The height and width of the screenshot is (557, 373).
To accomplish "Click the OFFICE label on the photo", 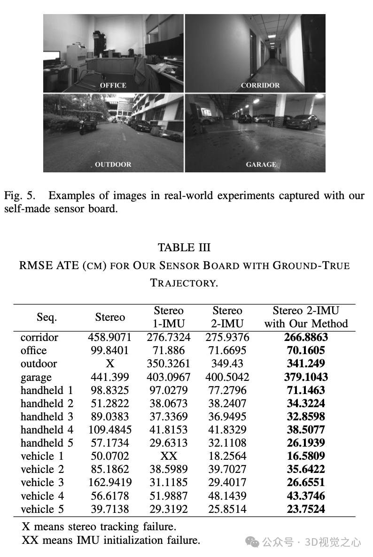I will click(x=113, y=85).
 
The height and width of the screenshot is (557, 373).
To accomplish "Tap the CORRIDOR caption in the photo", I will click(x=260, y=85).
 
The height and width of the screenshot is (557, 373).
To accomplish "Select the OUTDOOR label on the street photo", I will click(x=113, y=164).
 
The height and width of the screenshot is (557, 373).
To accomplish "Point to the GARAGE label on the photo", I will click(x=261, y=164).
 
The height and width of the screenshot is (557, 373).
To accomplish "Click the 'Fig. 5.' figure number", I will click(x=18, y=195).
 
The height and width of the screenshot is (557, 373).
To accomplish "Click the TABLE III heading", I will click(x=184, y=248).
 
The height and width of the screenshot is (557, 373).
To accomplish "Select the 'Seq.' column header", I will click(x=47, y=317).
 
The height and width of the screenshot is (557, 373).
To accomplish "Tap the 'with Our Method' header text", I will click(x=306, y=324).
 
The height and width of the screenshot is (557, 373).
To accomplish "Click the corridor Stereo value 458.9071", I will click(x=110, y=337).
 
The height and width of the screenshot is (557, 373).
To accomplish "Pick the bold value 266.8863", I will click(x=306, y=337).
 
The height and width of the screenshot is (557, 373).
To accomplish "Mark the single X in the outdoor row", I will click(x=110, y=364).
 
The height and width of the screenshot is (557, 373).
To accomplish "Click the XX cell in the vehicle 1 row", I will click(x=169, y=456).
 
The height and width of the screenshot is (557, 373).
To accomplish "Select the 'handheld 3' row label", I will click(x=47, y=417).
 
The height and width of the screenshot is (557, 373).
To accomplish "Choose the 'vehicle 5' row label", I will click(x=42, y=509).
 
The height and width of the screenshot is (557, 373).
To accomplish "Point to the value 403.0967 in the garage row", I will click(x=169, y=377).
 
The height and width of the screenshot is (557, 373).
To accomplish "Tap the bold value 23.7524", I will click(x=306, y=509).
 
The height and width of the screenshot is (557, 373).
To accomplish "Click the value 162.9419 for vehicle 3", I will click(x=110, y=482).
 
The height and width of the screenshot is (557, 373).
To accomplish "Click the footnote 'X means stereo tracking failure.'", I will click(x=99, y=527).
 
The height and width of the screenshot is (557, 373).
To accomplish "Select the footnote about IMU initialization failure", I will click(x=111, y=540).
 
